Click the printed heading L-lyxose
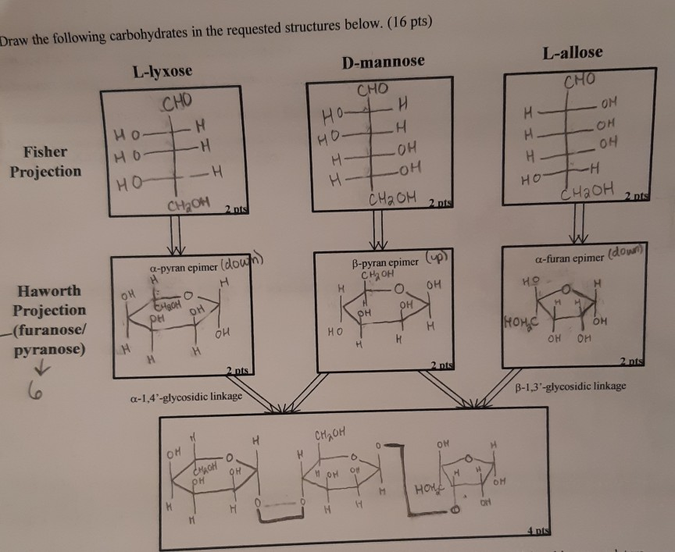click(162, 72)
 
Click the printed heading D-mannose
click(383, 61)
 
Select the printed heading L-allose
click(572, 52)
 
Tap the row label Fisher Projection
click(45, 161)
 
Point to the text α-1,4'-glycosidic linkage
click(184, 397)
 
